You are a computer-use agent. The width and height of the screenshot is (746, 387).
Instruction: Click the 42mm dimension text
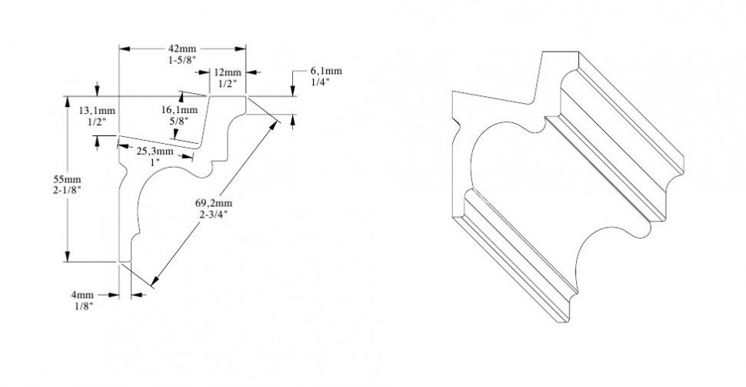click(182, 47)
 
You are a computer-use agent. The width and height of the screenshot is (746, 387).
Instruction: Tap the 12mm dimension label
click(227, 72)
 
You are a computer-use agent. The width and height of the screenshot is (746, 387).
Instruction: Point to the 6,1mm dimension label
click(327, 72)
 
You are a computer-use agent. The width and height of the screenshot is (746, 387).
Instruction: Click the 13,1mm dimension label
click(96, 110)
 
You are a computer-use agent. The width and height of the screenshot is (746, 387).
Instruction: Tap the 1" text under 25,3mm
click(155, 162)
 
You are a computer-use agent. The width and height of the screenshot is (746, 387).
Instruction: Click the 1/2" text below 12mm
click(227, 82)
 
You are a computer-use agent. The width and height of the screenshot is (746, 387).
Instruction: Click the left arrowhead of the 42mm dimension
click(123, 48)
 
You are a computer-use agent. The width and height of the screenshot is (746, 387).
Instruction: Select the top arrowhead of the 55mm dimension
click(68, 100)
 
